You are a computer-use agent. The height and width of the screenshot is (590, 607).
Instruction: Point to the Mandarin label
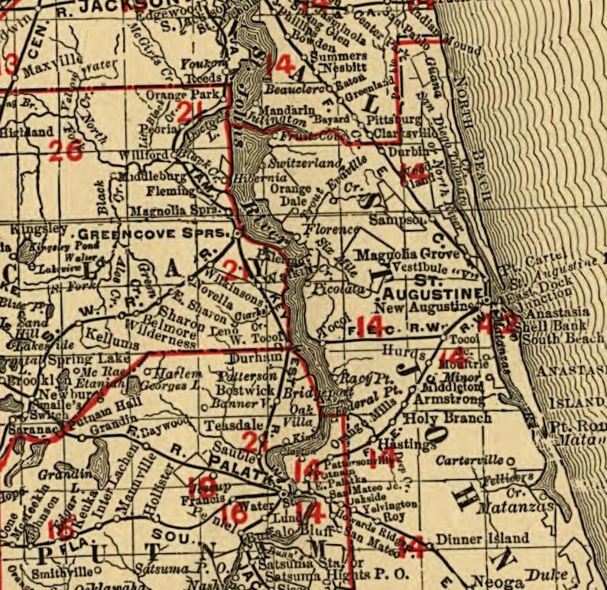pos(291,109)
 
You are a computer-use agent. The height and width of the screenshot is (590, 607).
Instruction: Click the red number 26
pos(65,151)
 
